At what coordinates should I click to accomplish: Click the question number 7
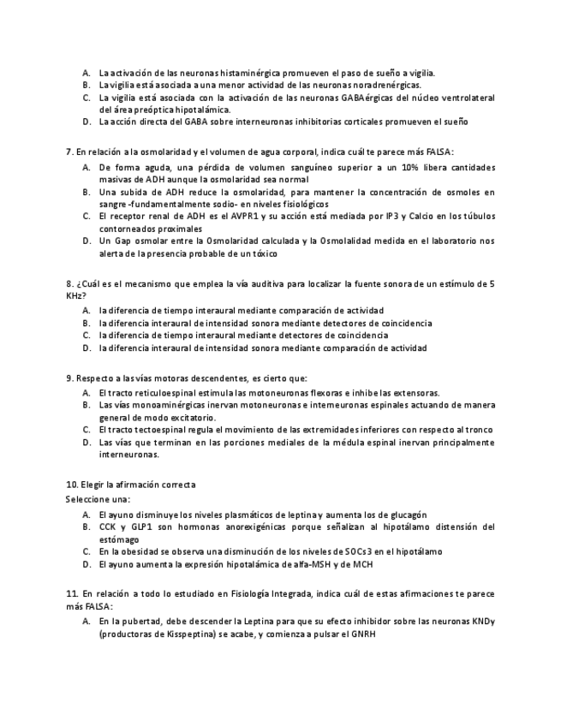coord(69,151)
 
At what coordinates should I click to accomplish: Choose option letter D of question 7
coord(87,241)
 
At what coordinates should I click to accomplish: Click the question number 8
coord(69,283)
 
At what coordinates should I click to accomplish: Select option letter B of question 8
coord(87,324)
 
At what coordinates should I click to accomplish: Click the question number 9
coord(69,378)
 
